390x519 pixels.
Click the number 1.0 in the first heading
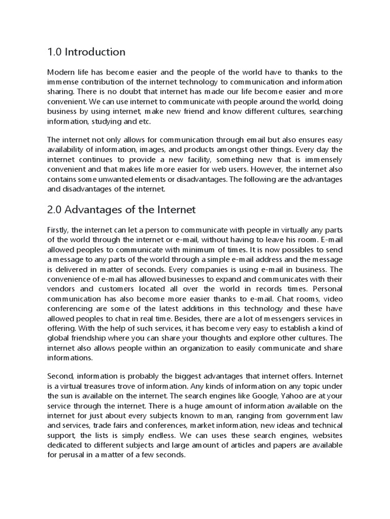coord(55,52)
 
